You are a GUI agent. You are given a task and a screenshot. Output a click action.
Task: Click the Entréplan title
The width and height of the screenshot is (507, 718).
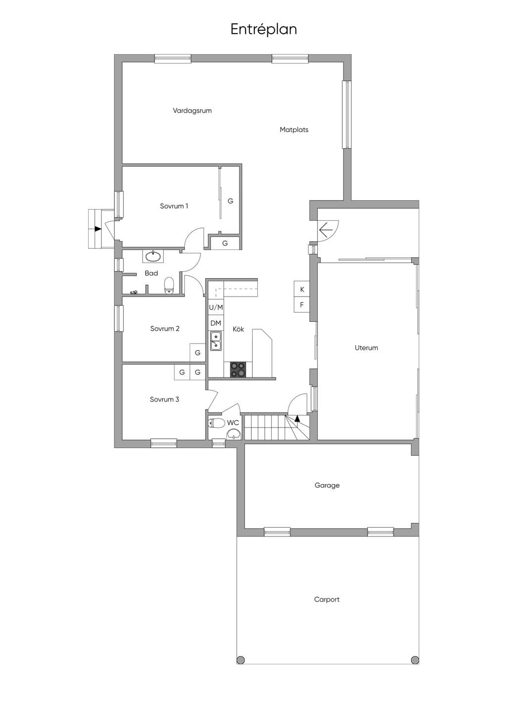(x=264, y=29)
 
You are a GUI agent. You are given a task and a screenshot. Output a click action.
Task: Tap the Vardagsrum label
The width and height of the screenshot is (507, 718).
(x=192, y=111)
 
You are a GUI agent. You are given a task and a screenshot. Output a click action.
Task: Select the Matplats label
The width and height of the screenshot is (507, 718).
(x=294, y=130)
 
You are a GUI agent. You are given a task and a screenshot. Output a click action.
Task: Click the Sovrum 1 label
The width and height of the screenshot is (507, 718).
(x=174, y=206)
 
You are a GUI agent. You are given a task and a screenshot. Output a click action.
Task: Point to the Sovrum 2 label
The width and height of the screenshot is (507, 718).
(x=165, y=329)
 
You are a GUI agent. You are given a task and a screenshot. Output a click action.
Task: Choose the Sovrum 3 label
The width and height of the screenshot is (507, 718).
(x=164, y=399)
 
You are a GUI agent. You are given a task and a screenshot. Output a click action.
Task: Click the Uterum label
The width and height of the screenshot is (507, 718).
(x=366, y=348)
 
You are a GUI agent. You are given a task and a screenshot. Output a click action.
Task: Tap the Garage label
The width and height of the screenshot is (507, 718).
(x=327, y=485)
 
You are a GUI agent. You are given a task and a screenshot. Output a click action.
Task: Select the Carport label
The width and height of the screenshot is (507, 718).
(x=326, y=599)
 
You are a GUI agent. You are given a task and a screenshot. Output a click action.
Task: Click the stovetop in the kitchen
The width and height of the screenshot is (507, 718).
(x=238, y=369)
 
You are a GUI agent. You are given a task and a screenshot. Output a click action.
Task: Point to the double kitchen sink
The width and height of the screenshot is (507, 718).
(x=216, y=341)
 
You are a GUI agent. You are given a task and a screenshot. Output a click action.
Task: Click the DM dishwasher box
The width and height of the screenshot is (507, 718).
(x=216, y=323)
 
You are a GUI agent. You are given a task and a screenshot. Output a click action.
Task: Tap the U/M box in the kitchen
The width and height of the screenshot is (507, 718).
(x=216, y=308)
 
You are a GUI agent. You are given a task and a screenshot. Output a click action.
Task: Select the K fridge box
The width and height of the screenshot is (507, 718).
(x=302, y=289)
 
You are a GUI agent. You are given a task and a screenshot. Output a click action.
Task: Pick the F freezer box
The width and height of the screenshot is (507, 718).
(x=302, y=305)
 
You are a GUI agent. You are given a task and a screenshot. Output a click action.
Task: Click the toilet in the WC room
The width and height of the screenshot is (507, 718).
(x=217, y=423)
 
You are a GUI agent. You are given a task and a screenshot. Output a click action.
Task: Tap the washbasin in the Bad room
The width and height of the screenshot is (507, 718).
(x=153, y=256)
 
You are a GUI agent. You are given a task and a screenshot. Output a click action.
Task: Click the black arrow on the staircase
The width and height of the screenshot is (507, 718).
(x=297, y=418)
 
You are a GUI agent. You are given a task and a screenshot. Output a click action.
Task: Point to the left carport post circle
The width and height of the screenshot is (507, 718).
(x=241, y=660)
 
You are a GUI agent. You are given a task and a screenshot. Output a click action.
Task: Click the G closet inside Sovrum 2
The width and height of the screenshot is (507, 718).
(x=198, y=353)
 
